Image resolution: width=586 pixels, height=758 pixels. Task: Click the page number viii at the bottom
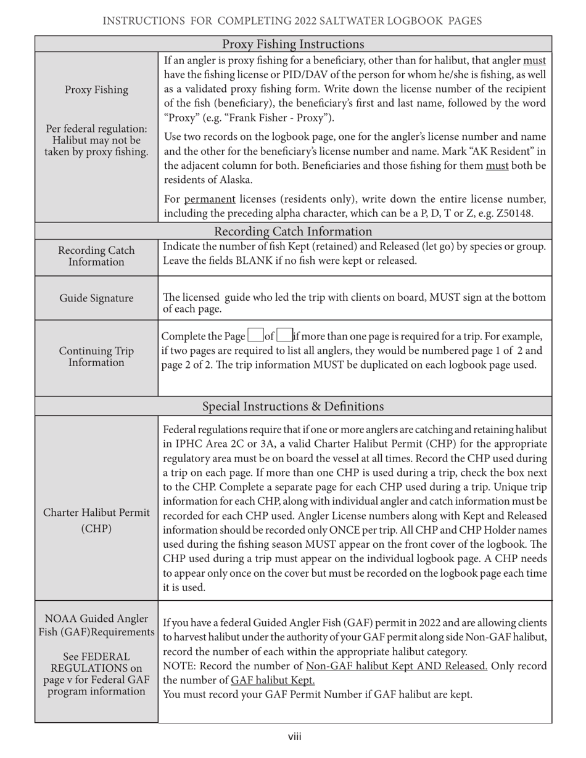294,736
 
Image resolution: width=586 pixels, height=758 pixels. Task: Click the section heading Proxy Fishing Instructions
293,44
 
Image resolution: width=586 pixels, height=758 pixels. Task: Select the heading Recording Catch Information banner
293,231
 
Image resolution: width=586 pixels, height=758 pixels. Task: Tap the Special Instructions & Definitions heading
293,407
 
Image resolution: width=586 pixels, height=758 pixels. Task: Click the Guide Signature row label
96,298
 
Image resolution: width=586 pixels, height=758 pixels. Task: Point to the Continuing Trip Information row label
96,357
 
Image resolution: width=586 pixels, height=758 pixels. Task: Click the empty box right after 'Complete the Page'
255,336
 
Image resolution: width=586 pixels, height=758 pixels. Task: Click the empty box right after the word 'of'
284,336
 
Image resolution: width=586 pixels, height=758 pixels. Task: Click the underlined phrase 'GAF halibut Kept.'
273,680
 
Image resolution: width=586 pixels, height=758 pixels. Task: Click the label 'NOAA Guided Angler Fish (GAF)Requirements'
96,626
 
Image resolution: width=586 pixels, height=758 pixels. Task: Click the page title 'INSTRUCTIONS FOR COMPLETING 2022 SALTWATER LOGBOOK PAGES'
292,22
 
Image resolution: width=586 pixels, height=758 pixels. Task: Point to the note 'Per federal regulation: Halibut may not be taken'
96,141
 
